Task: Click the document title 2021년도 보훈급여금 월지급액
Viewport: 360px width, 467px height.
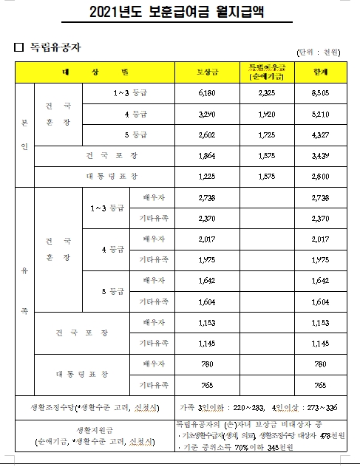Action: (179, 13)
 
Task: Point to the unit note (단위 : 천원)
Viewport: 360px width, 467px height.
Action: (318, 51)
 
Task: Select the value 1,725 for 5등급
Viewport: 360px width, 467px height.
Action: (267, 136)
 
